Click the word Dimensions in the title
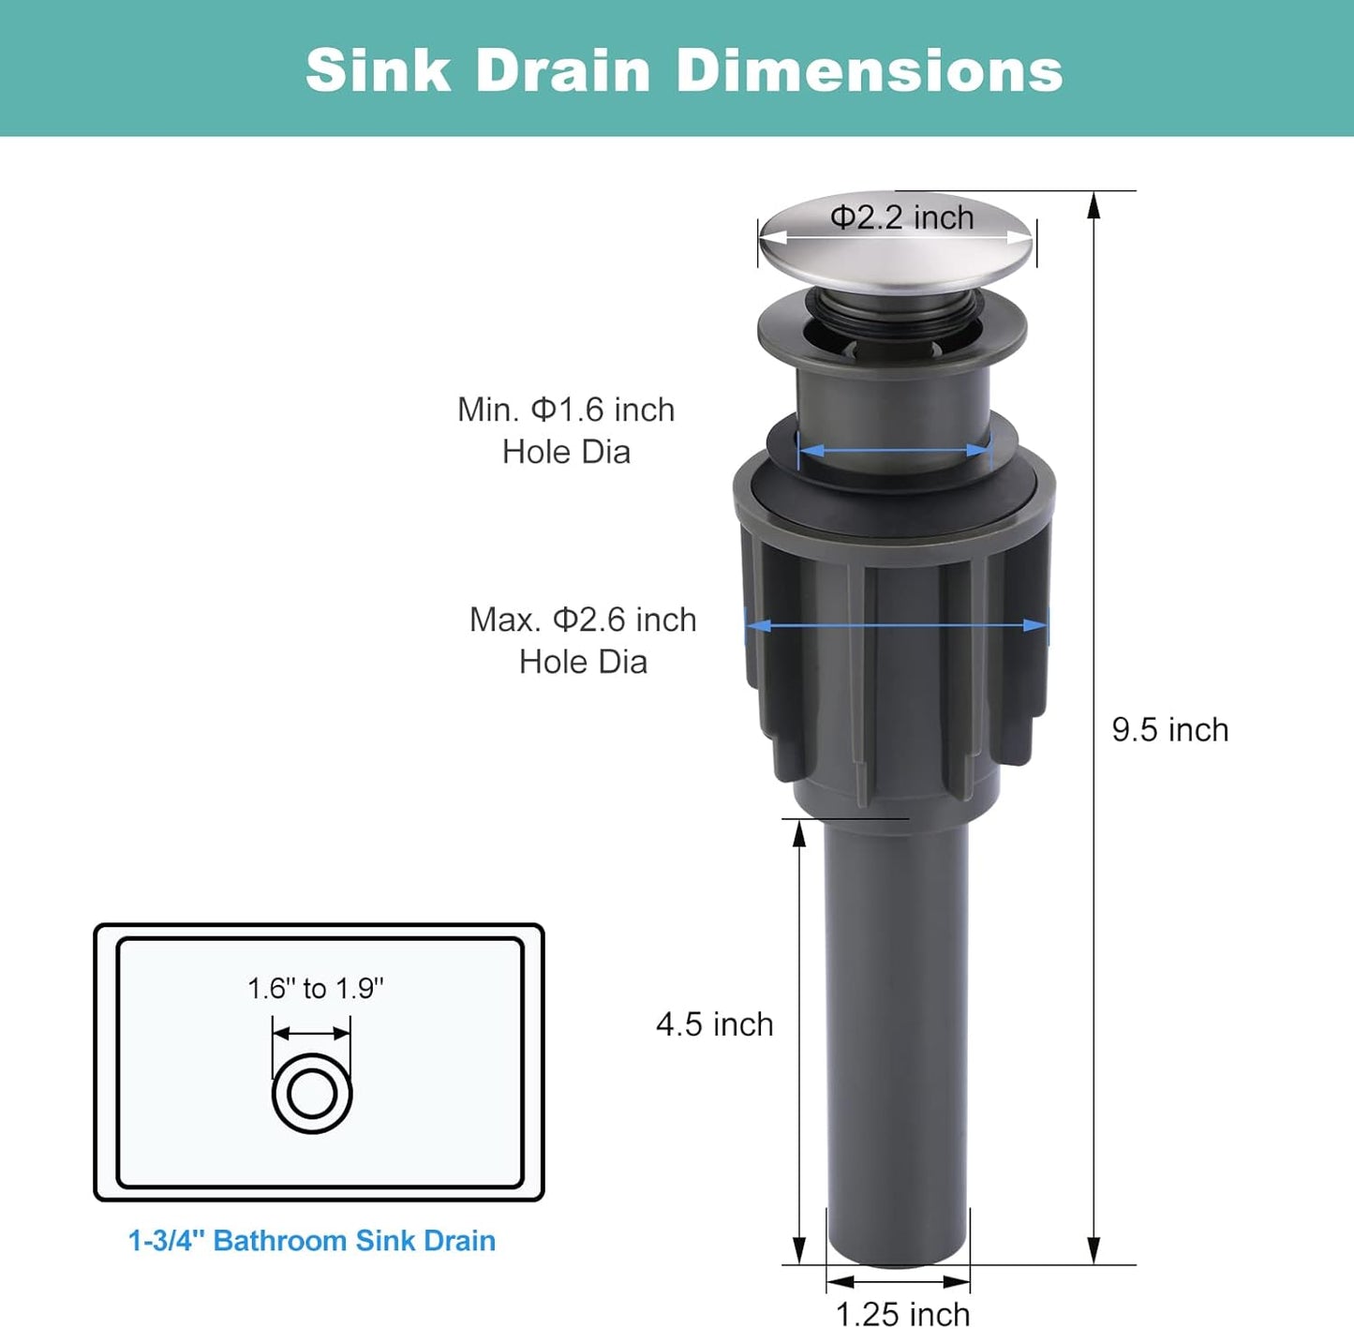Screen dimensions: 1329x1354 [x=869, y=70]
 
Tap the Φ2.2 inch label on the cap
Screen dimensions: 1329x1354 [x=901, y=217]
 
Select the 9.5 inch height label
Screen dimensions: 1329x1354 [x=1169, y=730]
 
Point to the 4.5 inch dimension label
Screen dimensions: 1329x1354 [x=714, y=1024]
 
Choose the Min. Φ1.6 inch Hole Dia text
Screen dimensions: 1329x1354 [x=566, y=430]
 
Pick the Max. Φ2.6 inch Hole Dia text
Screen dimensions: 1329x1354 [x=583, y=640]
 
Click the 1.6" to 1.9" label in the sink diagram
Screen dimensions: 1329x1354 [x=316, y=989]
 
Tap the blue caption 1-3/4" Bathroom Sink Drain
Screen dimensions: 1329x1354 [x=312, y=1241]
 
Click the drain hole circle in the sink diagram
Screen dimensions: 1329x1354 [x=312, y=1094]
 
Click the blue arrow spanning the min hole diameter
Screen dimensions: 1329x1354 [x=895, y=451]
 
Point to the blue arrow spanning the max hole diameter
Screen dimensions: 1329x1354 [x=897, y=625]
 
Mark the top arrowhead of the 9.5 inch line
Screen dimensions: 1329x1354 [x=1093, y=206]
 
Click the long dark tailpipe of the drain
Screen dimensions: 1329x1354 [x=897, y=1031]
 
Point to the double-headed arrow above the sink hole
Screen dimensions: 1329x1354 [x=312, y=1034]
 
